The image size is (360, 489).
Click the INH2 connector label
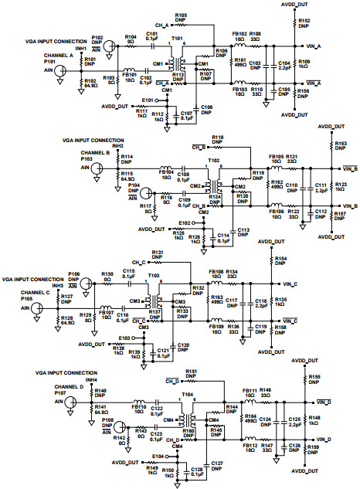[x=117, y=145]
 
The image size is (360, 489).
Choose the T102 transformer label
[x=214, y=161]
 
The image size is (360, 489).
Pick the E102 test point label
[x=183, y=222]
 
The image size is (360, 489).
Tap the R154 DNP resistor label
[x=280, y=260]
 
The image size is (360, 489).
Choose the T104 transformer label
[x=186, y=394]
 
